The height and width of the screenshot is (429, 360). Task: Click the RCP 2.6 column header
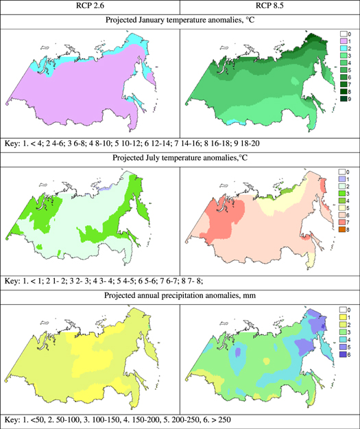point(90,6)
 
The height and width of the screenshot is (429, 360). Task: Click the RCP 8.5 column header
point(269,6)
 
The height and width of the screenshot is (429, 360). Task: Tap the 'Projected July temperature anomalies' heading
point(180,162)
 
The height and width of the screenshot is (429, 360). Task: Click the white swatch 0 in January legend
point(344,33)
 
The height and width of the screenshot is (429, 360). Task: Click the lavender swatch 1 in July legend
point(344,182)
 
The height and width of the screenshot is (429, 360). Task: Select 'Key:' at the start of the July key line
point(14,281)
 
